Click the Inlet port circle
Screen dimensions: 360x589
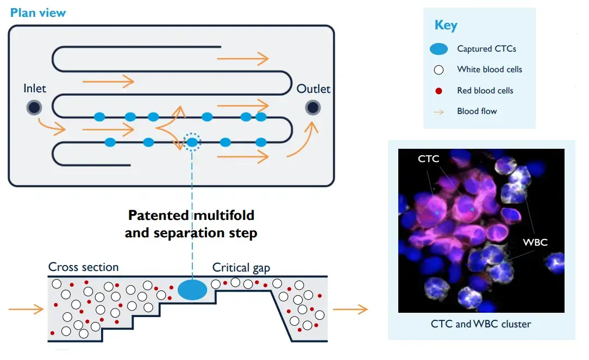point(34,108)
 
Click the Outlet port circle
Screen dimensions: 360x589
point(312,108)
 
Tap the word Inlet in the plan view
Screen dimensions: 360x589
point(35,89)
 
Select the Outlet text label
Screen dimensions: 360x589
point(313,89)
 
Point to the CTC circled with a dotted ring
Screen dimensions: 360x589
point(192,142)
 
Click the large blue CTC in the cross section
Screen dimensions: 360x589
point(192,290)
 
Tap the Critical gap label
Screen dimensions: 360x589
point(241,267)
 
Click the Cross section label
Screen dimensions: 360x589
point(83,267)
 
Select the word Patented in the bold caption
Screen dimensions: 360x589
point(158,215)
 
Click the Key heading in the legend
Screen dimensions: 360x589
point(446,26)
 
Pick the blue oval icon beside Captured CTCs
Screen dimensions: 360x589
point(438,49)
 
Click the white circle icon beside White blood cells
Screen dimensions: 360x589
point(439,70)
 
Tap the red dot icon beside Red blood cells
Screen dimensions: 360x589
point(439,91)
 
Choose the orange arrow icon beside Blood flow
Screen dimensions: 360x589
point(439,112)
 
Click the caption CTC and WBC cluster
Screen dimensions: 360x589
point(480,324)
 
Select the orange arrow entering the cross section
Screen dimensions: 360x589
point(26,310)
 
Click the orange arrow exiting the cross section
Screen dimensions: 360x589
point(350,310)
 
